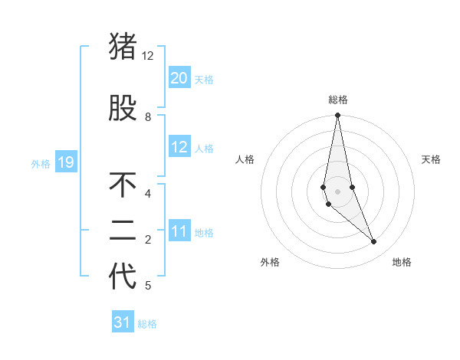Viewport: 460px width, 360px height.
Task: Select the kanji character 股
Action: [x=123, y=109]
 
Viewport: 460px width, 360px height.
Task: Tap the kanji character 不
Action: [x=123, y=185]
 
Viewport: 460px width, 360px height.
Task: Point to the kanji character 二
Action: [x=123, y=231]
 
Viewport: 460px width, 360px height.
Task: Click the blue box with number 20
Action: [x=179, y=78]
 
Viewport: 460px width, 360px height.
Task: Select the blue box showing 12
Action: [x=179, y=147]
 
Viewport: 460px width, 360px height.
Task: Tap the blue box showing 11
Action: [x=179, y=231]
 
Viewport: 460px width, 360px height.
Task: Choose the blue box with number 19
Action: [x=65, y=162]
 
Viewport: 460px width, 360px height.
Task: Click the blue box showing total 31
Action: [x=123, y=322]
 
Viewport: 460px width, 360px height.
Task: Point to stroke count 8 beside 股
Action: [x=148, y=117]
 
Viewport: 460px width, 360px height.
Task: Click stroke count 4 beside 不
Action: [x=148, y=194]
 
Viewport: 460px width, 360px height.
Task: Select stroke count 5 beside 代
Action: [x=148, y=286]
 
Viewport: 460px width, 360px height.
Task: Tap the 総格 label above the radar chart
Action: [x=338, y=100]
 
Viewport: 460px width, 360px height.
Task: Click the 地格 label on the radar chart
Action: [x=402, y=263]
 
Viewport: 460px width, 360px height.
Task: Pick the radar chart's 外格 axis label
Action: [x=270, y=263]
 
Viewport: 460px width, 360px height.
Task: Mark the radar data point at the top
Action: [x=337, y=116]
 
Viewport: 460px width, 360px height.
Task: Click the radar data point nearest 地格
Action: [x=374, y=242]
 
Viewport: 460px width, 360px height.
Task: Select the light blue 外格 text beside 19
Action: [x=41, y=163]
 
